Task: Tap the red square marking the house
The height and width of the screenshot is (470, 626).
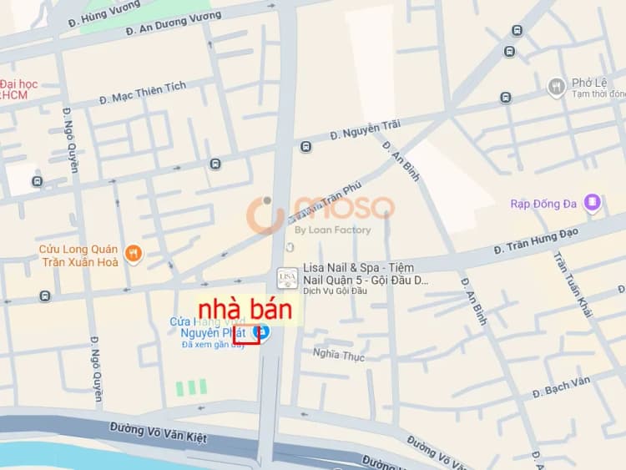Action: [x=245, y=335]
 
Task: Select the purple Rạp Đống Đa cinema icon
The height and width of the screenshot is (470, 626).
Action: [x=592, y=202]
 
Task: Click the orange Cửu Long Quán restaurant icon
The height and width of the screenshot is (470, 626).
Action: [x=132, y=252]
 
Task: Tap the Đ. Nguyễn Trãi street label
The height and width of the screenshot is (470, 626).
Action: [x=365, y=129]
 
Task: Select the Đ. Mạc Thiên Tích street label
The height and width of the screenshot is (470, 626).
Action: [x=143, y=93]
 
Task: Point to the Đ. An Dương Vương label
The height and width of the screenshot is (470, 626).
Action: [x=173, y=23]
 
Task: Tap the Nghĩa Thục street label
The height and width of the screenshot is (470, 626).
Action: [x=339, y=355]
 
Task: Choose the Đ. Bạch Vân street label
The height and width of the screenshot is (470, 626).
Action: [x=561, y=386]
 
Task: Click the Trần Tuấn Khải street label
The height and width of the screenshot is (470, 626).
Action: [x=573, y=284]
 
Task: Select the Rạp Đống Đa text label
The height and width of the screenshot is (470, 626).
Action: [x=546, y=204]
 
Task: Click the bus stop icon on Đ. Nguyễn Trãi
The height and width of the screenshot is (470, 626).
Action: [x=305, y=147]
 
